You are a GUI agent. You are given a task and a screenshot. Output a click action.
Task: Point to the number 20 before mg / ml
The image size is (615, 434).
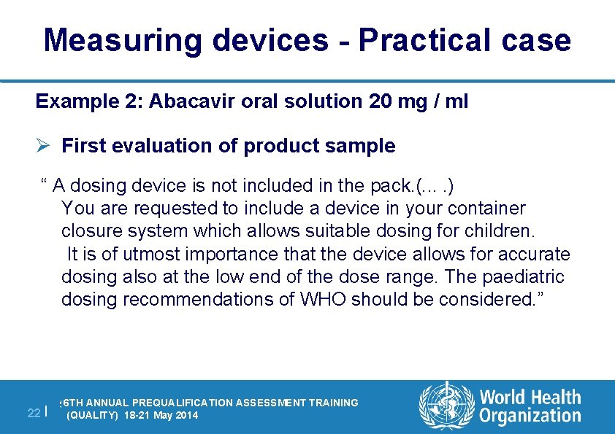[381, 101]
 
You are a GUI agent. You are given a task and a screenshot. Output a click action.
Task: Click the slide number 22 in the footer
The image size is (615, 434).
[33, 413]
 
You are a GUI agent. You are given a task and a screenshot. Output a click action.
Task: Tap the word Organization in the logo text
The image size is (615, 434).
[530, 416]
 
